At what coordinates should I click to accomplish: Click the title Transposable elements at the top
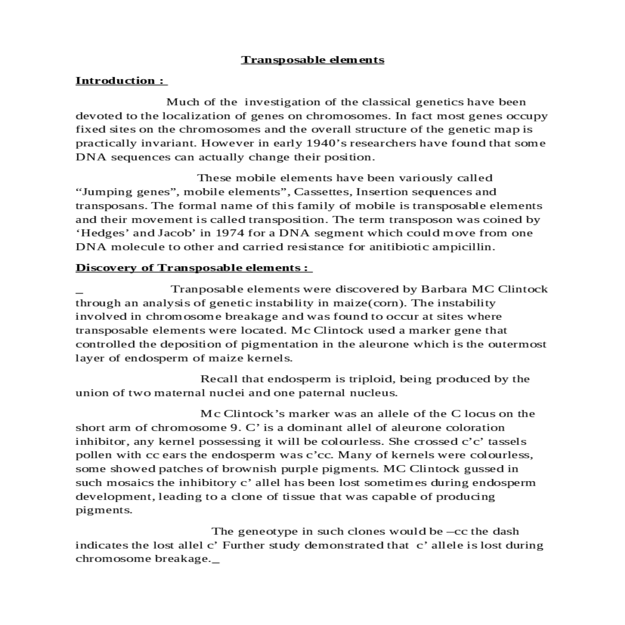[312, 60]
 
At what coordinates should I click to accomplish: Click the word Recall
[218, 379]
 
